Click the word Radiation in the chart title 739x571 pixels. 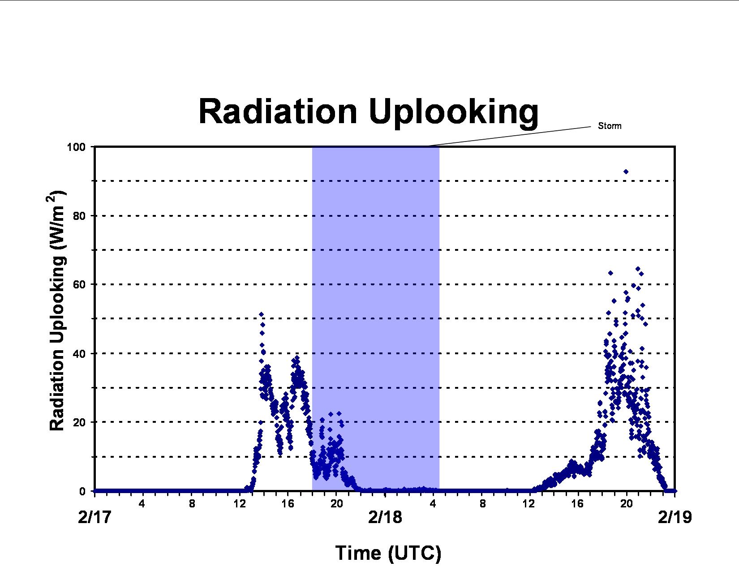pyautogui.click(x=278, y=111)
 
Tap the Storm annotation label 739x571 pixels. pyautogui.click(x=610, y=126)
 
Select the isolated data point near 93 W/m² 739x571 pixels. pyautogui.click(x=626, y=172)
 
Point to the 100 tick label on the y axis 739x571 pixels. pyautogui.click(x=76, y=147)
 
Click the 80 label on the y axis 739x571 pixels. pyautogui.click(x=79, y=216)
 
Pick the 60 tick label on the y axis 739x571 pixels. pyautogui.click(x=79, y=285)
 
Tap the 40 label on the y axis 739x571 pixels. pyautogui.click(x=79, y=354)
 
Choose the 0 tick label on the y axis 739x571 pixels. pyautogui.click(x=82, y=491)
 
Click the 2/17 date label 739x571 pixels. pyautogui.click(x=95, y=517)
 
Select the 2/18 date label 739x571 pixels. pyautogui.click(x=385, y=517)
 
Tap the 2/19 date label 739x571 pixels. pyautogui.click(x=675, y=517)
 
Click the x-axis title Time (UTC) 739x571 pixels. pyautogui.click(x=388, y=553)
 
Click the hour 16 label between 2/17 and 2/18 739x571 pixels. pyautogui.click(x=288, y=504)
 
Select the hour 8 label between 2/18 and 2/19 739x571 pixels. pyautogui.click(x=483, y=504)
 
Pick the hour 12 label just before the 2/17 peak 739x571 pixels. pyautogui.click(x=240, y=504)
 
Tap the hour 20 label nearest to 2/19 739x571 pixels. pyautogui.click(x=627, y=504)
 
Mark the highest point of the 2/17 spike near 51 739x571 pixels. pyautogui.click(x=261, y=314)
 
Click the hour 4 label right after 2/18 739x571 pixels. pyautogui.click(x=433, y=504)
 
